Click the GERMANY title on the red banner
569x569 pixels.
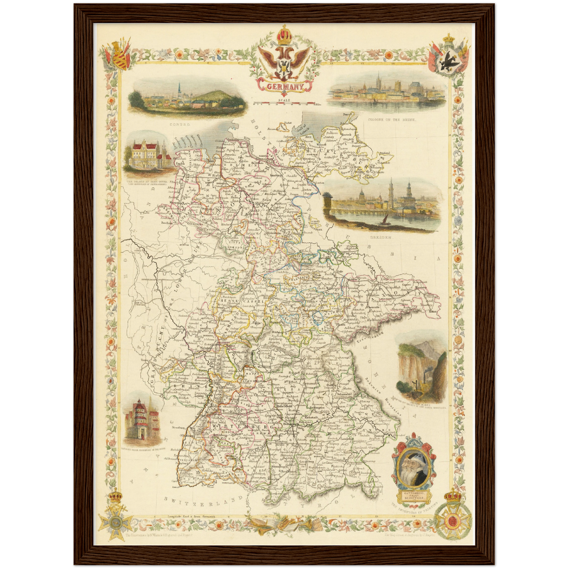click(285, 87)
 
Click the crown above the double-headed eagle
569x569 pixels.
click(284, 35)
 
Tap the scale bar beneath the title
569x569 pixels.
click(284, 104)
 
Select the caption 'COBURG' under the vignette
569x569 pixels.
click(180, 124)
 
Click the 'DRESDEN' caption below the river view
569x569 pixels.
click(381, 238)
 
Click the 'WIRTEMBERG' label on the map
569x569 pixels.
click(241, 427)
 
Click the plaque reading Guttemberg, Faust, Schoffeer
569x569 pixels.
click(413, 495)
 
